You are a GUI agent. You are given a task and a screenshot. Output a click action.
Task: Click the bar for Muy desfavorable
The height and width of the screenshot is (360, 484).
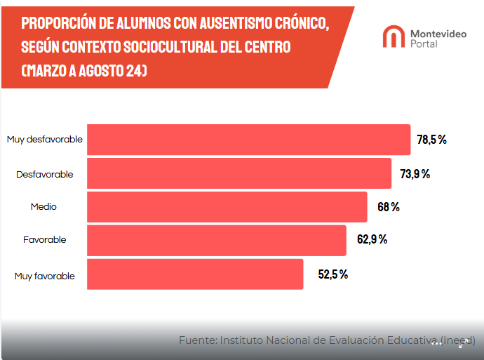click(248, 140)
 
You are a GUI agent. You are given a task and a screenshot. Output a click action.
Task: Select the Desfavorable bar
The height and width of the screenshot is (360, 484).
click(238, 173)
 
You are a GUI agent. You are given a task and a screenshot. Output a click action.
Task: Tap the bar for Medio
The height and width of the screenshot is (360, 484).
click(227, 207)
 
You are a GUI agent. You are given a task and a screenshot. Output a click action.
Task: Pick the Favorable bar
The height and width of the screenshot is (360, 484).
click(216, 240)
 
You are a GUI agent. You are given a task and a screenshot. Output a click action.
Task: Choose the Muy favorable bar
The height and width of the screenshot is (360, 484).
click(195, 274)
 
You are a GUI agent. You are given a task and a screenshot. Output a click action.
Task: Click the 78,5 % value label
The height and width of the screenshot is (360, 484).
click(431, 140)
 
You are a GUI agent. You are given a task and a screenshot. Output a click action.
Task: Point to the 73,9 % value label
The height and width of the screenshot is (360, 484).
click(415, 173)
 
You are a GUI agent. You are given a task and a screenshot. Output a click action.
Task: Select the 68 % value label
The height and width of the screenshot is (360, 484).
click(389, 207)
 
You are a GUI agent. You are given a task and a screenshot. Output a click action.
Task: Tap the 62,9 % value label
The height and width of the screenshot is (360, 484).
click(372, 240)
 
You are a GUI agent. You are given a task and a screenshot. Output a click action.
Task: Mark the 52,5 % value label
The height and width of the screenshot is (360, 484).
click(333, 274)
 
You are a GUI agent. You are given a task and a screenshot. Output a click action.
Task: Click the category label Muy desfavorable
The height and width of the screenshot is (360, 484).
click(45, 140)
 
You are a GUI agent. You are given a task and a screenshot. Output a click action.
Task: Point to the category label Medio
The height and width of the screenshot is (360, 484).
click(43, 207)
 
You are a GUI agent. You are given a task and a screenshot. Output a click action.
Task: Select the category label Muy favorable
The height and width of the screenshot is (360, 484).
click(45, 276)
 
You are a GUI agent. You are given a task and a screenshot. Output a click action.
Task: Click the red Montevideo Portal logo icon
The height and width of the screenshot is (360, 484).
click(393, 36)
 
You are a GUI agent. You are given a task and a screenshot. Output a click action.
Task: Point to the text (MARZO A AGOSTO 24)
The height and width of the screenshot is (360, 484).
click(84, 72)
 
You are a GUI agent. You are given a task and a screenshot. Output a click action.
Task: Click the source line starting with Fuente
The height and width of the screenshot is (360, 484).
click(326, 340)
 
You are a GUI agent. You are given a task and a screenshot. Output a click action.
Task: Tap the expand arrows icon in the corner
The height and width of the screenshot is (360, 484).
click(464, 342)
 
